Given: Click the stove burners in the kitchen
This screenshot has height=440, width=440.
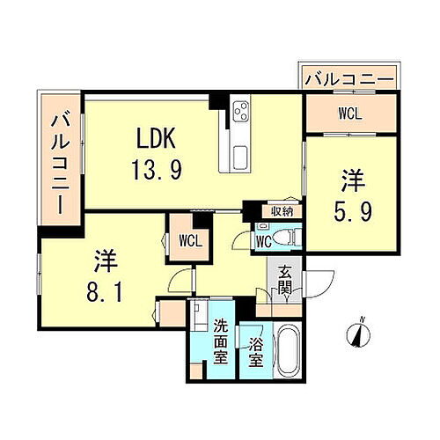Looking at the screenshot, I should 241,113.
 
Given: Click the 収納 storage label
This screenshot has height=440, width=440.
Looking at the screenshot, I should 281,211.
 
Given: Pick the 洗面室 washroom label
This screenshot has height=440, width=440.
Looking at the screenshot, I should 224,341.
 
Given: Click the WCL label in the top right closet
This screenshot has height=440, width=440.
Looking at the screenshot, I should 349,113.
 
